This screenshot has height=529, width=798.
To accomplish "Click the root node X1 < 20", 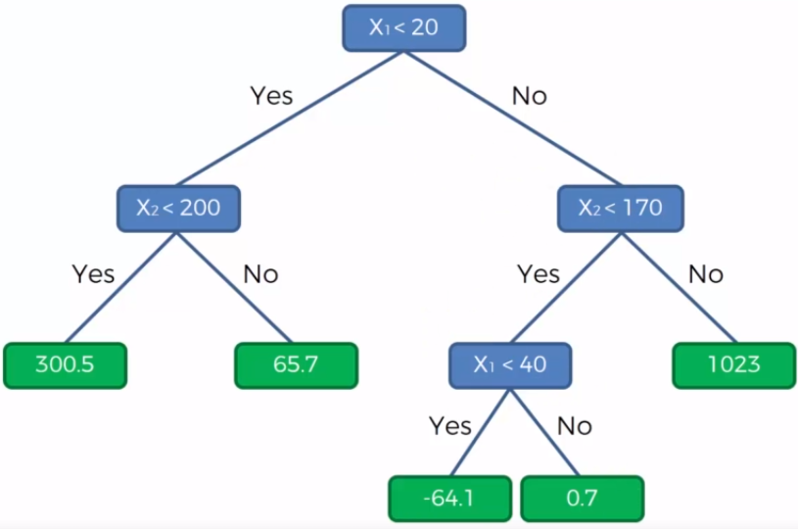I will click(402, 27).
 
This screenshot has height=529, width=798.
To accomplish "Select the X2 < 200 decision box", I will click(178, 208).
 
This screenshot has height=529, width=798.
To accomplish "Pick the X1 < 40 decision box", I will click(509, 365).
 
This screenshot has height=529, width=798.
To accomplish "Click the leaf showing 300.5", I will click(65, 364).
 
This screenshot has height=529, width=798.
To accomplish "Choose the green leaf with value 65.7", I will click(296, 364).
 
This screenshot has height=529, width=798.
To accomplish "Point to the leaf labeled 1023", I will click(733, 364).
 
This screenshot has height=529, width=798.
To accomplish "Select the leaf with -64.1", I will click(449, 498).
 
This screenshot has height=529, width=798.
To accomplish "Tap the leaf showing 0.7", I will click(582, 498).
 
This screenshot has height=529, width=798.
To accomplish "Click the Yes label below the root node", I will click(271, 96).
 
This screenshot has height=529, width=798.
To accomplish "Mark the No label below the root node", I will click(529, 96).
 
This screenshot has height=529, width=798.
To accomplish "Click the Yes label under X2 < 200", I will click(93, 273).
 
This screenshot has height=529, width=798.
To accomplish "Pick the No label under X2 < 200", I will click(260, 273).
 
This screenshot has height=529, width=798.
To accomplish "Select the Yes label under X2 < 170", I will click(538, 273).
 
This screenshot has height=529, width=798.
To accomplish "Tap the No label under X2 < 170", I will click(705, 273).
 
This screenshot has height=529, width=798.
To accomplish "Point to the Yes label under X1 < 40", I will click(449, 426).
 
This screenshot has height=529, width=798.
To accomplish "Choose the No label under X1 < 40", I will click(575, 426).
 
